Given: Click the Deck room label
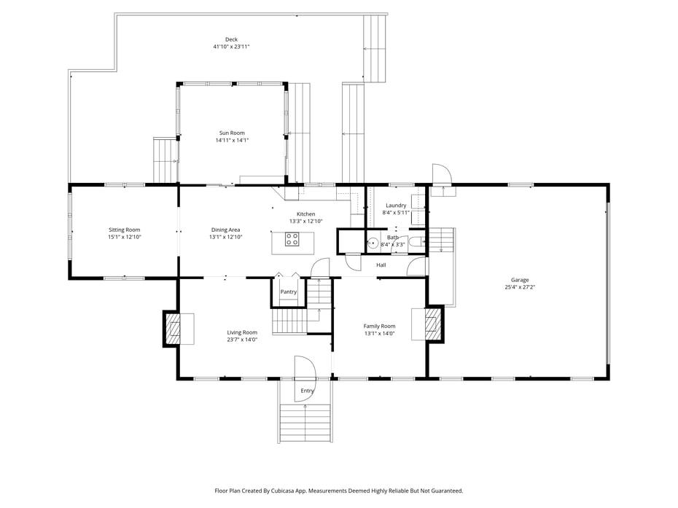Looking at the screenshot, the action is coord(231,39).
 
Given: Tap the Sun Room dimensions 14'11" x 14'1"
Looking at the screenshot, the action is coord(233,140).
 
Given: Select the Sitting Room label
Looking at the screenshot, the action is coord(124,230).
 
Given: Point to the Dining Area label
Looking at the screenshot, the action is coord(225,230).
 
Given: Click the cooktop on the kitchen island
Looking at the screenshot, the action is coord(292,239).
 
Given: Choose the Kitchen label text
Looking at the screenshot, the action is coord(305,214).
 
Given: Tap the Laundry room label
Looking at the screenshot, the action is coord(396,206).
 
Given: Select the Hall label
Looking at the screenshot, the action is coord(381,265).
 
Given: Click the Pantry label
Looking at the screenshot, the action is coord(289,292).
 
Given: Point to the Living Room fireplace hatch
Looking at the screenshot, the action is coord(174,329).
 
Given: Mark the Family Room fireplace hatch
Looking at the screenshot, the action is coord(431,324).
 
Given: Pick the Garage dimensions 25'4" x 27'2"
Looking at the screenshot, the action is coord(520,287).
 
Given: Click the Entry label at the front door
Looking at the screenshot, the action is coord(307,391).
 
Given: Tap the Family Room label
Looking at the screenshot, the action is coord(379,327).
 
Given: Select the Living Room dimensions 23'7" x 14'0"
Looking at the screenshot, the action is coord(242,340).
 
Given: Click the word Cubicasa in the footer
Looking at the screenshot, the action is coord(283,491).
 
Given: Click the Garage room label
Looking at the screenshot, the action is coord(520,280).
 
